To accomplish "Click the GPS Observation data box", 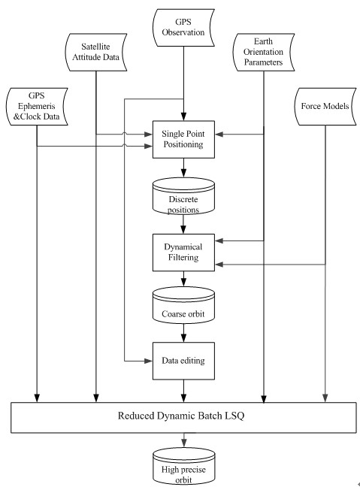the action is [183, 28].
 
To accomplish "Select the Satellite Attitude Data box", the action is [96, 52].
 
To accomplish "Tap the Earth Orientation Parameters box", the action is [264, 52].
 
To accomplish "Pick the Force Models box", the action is [325, 107].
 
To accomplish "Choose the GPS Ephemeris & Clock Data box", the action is [37, 107].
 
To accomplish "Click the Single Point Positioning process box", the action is [183, 139].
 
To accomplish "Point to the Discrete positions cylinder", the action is [183, 196].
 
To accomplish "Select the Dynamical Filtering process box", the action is [183, 253].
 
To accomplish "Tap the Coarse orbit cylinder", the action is [183, 305].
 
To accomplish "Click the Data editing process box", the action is [183, 361].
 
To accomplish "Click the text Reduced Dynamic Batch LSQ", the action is [181, 416].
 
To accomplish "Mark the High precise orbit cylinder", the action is [184, 466].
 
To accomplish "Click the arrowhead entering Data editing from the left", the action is [149, 361].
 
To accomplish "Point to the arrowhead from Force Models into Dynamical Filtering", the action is [219, 265].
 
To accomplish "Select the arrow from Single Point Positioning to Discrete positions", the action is [183, 168].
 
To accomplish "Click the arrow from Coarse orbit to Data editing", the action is [183, 333].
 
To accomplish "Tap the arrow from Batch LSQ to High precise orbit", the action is [184, 440].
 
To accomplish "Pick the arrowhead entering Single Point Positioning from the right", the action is [219, 135].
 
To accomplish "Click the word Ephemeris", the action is [37, 106].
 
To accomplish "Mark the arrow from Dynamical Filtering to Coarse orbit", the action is [183, 279].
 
